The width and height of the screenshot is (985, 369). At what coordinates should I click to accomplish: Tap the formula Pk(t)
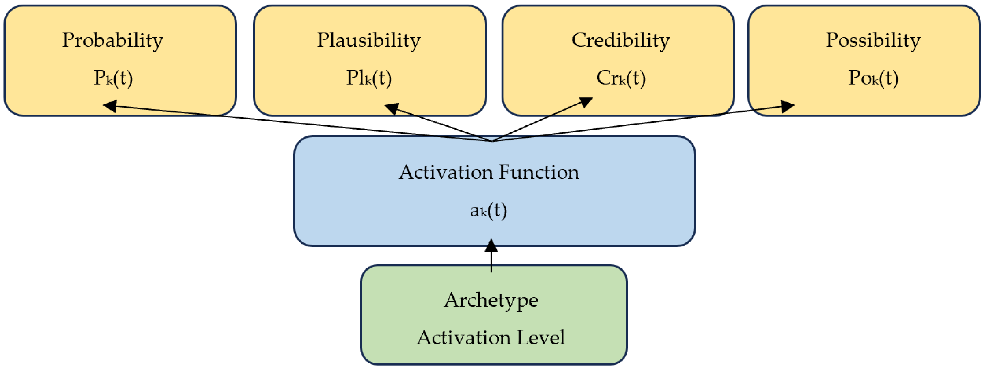tap(113, 78)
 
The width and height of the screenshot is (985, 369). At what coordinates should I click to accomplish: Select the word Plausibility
tap(369, 40)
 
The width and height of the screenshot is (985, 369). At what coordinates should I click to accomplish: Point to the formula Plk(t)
tap(369, 78)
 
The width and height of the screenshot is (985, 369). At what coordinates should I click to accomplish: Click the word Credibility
tap(621, 40)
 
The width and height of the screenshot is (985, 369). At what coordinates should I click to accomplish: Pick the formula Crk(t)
tap(621, 78)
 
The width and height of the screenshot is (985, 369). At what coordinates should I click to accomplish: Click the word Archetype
tap(491, 300)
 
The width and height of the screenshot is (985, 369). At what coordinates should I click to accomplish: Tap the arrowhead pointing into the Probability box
tap(110, 106)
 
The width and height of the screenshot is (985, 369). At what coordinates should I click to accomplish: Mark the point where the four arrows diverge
tap(493, 141)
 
